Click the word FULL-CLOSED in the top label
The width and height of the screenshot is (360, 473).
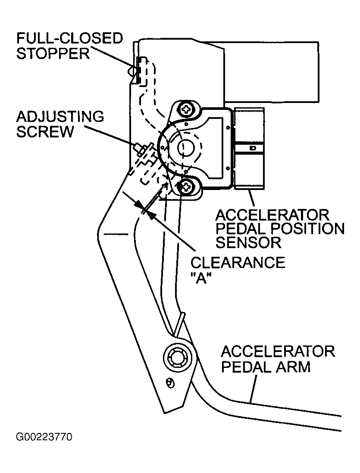(69, 39)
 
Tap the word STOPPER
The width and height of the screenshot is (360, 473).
(53, 54)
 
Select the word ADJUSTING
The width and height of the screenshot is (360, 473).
(60, 117)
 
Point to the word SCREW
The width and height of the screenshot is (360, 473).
(45, 132)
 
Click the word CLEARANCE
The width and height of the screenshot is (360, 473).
(238, 263)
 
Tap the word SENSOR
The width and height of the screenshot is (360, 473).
(248, 242)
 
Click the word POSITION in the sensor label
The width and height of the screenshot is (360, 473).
(307, 229)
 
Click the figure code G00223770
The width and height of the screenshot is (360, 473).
(44, 437)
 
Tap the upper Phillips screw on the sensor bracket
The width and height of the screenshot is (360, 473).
(186, 109)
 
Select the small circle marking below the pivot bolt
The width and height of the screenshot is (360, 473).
(171, 384)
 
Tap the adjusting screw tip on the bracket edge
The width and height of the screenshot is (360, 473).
(138, 147)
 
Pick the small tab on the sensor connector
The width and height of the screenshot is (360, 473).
(253, 148)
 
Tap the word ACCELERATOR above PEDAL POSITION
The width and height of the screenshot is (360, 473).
(272, 215)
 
